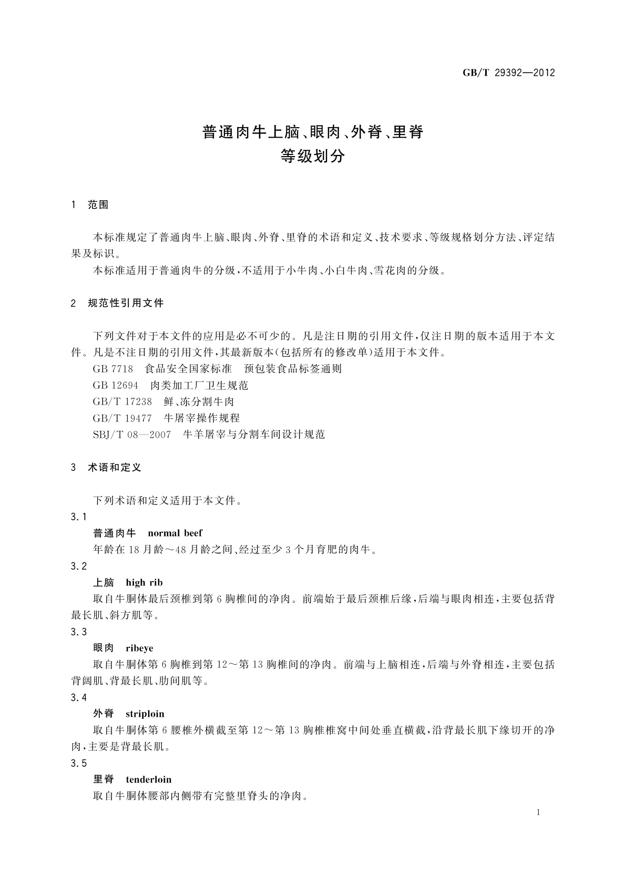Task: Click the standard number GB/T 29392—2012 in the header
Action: point(508,73)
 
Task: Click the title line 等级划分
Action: point(313,156)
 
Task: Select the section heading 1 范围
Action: point(90,205)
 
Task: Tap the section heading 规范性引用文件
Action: point(126,303)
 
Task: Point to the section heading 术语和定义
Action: point(115,467)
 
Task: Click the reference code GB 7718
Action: point(113,369)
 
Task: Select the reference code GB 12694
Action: point(116,385)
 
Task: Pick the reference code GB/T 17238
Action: point(122,402)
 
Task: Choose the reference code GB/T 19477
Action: point(122,418)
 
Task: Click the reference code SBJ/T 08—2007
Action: point(131,435)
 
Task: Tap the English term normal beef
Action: point(175,533)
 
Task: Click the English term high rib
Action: point(145,583)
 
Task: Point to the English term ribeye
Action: point(140,649)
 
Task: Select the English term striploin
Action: point(145,714)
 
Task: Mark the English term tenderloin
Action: point(149,780)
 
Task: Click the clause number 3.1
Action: point(79,517)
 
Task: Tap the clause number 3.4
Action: point(79,698)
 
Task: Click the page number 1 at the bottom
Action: point(538,812)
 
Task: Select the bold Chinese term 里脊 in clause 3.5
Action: point(104,780)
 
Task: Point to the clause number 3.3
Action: point(79,632)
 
